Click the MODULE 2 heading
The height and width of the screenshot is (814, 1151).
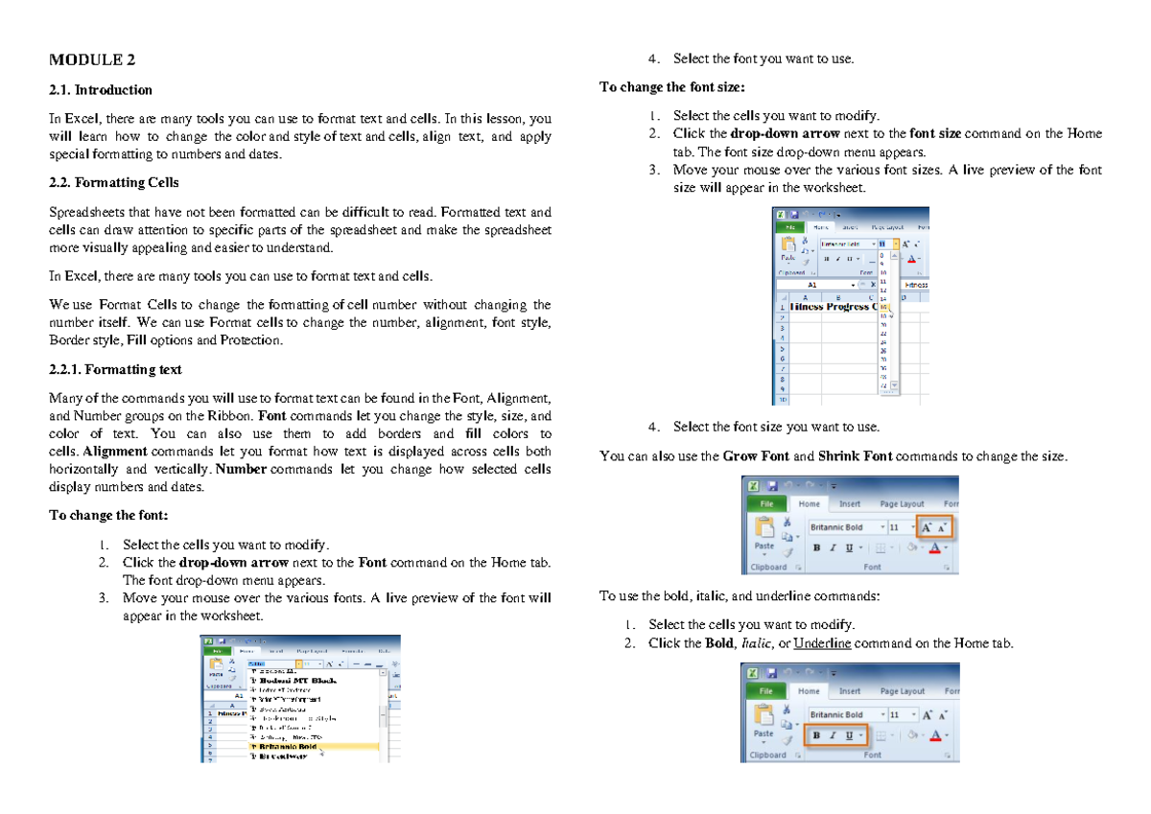[x=92, y=60]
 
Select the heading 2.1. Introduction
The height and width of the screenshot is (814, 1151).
[x=101, y=90]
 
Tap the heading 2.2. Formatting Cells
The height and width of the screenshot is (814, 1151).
[x=113, y=182]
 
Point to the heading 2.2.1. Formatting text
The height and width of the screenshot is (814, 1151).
[x=115, y=369]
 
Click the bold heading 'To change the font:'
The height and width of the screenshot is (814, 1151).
[x=108, y=515]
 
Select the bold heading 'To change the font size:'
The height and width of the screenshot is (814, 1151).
[x=670, y=87]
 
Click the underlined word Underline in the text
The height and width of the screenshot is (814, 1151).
[x=822, y=643]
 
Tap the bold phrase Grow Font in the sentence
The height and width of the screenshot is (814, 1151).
[x=755, y=456]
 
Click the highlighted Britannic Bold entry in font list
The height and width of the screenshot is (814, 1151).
[x=286, y=746]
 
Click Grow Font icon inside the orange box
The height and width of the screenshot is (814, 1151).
[x=927, y=527]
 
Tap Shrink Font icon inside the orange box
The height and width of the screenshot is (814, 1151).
[x=943, y=527]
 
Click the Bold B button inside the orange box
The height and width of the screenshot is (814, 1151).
[x=817, y=735]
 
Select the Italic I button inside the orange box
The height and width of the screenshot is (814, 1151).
[x=833, y=735]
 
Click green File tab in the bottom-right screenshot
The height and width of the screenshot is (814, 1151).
[x=766, y=690]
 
